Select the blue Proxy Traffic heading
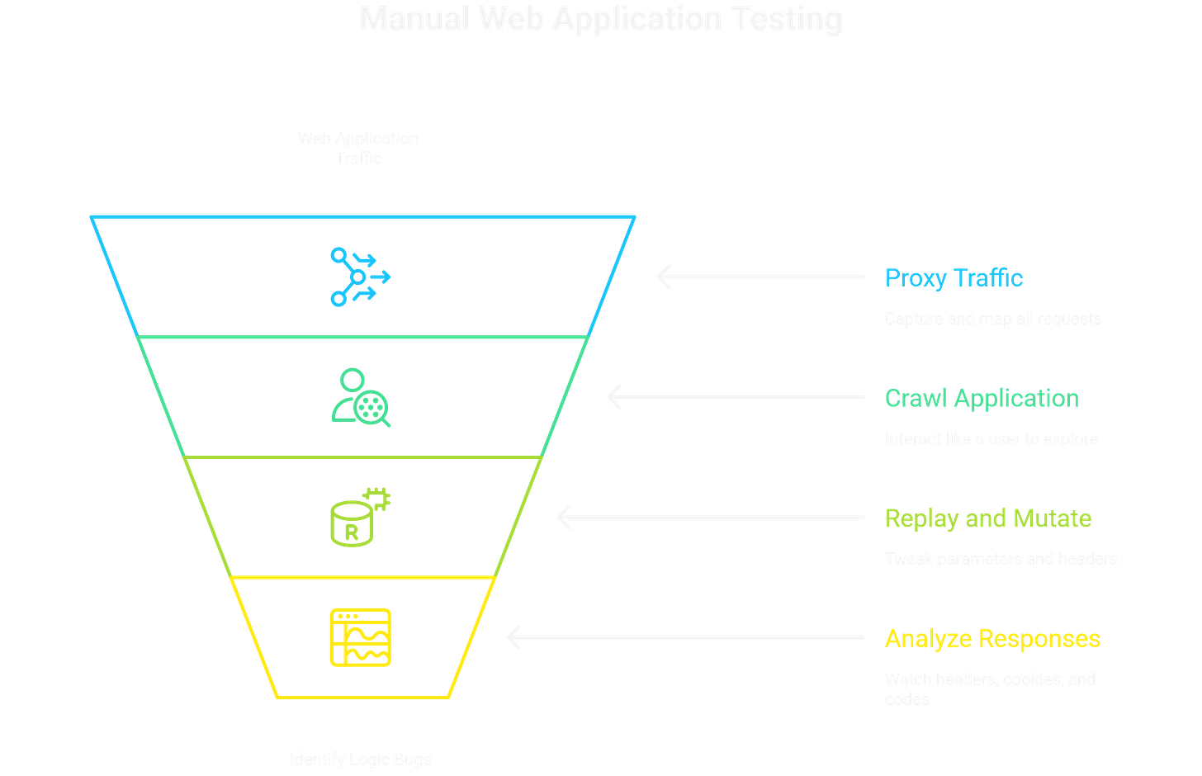(954, 277)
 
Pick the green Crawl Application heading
(982, 398)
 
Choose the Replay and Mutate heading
(988, 518)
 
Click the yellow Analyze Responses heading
(992, 638)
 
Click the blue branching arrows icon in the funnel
(360, 277)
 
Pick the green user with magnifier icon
(361, 397)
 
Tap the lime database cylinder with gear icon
(360, 518)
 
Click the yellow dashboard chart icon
(360, 637)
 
